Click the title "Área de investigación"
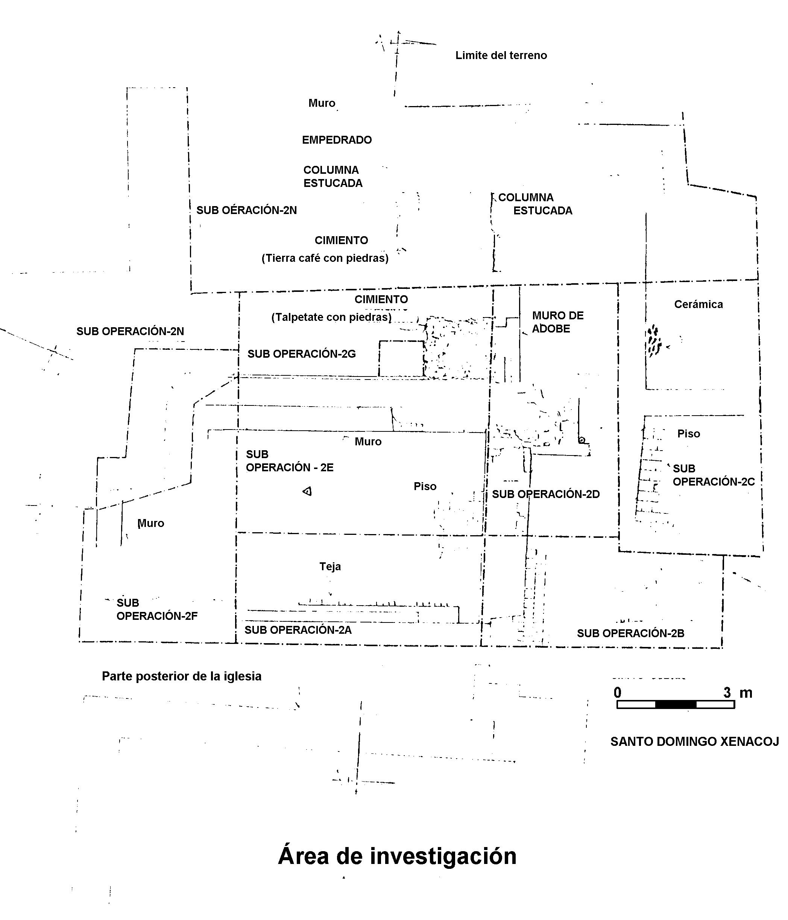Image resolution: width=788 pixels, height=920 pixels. coord(397,856)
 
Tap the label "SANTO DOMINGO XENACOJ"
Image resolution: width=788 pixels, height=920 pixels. coord(694,741)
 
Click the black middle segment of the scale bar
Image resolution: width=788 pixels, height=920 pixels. coord(675,704)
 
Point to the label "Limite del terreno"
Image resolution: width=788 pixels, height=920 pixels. coord(501,56)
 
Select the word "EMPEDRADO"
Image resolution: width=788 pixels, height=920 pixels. coord(337,140)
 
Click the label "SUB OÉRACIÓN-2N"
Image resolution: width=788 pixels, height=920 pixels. coord(246,210)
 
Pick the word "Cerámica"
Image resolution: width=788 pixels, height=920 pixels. coord(698,304)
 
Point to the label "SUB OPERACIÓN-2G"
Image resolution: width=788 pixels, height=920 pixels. coord(301,354)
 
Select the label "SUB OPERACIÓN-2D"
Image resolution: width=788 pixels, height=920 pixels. coord(546,494)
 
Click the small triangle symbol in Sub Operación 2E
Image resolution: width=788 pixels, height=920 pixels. coord(307,491)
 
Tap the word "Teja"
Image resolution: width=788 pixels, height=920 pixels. coord(330,566)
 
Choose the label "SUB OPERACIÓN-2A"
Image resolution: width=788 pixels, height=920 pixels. coord(298,630)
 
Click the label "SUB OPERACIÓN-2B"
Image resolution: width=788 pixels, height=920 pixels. coord(630,633)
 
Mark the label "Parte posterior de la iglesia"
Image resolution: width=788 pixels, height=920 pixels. coord(182,676)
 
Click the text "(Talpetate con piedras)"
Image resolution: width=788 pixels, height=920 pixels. coord(331,317)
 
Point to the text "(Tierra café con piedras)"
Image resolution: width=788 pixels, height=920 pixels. coord(325,258)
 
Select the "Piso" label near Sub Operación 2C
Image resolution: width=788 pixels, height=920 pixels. coord(689,434)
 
